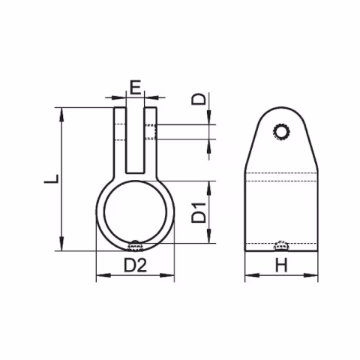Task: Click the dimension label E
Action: [x=135, y=87]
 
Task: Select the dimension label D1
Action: [x=199, y=213]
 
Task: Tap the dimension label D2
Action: [x=135, y=265]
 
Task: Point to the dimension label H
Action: [x=281, y=265]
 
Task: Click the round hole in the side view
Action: [x=283, y=133]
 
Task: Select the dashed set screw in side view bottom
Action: [x=282, y=244]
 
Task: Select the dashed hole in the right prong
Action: [x=153, y=131]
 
